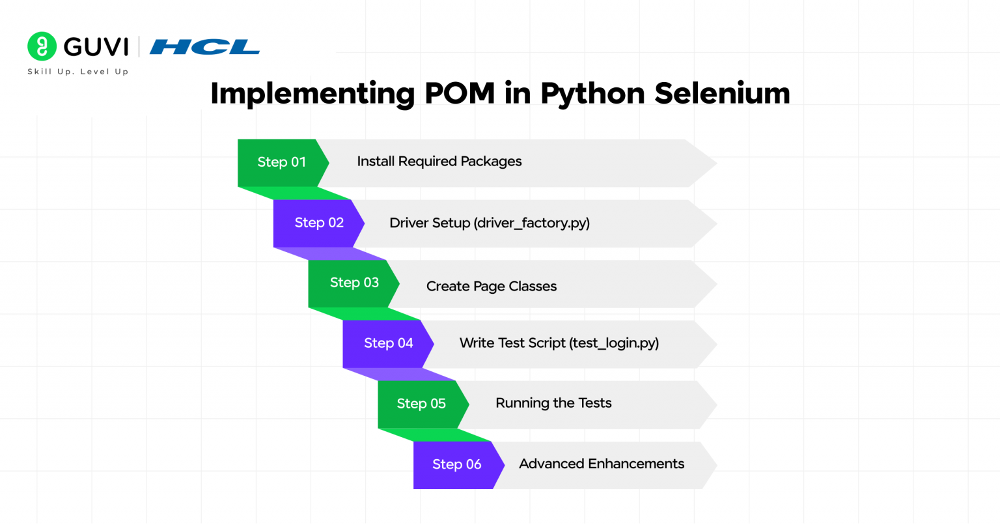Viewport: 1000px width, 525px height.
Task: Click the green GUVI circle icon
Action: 42,46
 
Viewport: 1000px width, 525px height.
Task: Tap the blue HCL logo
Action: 204,47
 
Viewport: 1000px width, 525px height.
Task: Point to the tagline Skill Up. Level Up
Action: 78,72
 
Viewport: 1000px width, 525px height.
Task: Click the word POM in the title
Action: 460,93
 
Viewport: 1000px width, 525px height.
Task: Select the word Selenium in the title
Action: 722,93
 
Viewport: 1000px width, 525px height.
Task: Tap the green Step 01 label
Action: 281,162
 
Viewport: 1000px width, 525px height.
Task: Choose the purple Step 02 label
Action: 319,223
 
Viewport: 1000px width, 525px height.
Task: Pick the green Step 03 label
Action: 354,283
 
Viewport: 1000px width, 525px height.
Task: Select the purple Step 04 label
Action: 389,343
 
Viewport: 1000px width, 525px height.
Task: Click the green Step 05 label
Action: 421,404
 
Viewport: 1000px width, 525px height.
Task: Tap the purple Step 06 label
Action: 457,464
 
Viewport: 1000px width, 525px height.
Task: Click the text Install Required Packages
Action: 439,162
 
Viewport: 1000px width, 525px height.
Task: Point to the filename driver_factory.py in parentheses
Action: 532,223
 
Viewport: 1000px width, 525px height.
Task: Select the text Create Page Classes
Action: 492,287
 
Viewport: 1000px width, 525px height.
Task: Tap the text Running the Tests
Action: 553,403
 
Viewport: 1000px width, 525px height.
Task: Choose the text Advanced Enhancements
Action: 602,464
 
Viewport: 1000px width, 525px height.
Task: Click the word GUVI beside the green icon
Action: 96,47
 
